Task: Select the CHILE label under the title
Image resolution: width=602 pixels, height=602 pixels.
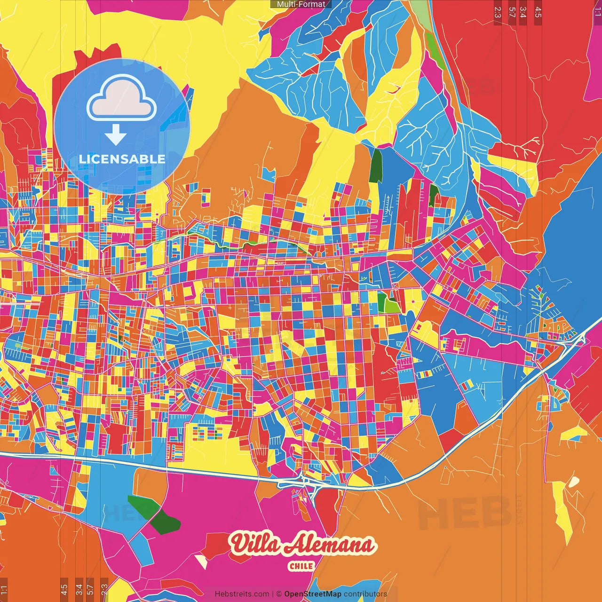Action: coord(301,566)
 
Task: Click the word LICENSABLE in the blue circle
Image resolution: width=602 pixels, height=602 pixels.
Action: coord(122,159)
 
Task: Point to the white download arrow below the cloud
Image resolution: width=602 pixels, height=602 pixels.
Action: coord(116,135)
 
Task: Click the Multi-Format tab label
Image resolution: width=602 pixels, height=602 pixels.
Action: coord(301,4)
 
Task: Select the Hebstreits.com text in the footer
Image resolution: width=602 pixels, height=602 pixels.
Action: coord(242,594)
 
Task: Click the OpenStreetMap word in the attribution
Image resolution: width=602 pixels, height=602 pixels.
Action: coord(312,594)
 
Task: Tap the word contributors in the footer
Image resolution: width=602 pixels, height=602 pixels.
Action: coord(365,594)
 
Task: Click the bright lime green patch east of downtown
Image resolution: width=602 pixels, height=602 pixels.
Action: coord(391,306)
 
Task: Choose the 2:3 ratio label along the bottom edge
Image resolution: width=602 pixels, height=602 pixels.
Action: coord(104,589)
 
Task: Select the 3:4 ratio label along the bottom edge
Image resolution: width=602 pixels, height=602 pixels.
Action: coord(79,589)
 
